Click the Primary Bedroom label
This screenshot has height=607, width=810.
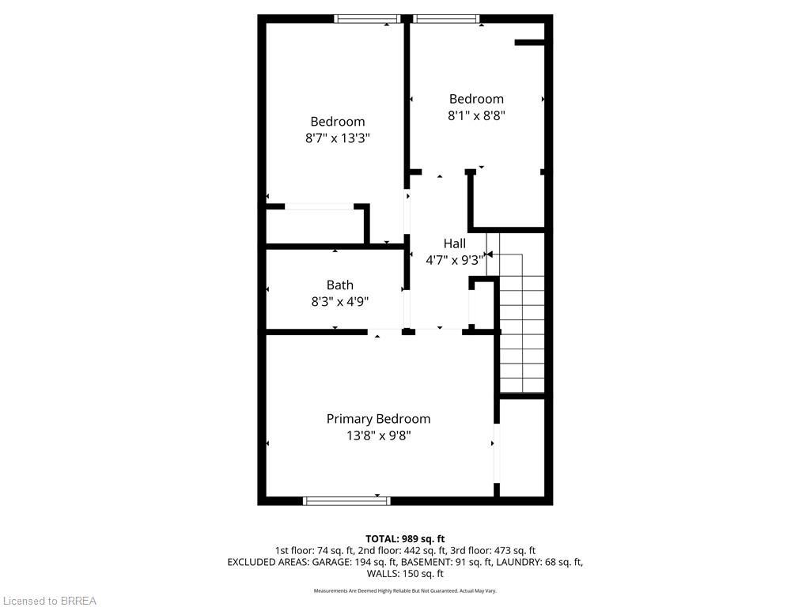[x=378, y=419]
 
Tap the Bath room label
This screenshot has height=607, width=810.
[x=339, y=285]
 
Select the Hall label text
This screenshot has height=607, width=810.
[x=454, y=243]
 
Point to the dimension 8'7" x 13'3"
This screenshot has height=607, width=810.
[x=338, y=138]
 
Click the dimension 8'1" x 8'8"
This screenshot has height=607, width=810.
[x=476, y=115]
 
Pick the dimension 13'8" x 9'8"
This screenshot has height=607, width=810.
[x=378, y=435]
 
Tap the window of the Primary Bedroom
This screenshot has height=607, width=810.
[x=346, y=500]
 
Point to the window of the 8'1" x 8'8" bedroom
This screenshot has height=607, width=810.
[x=446, y=18]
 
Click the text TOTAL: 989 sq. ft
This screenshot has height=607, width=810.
[x=404, y=539]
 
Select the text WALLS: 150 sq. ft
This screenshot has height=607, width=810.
[x=404, y=574]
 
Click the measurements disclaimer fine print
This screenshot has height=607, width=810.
[x=404, y=590]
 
